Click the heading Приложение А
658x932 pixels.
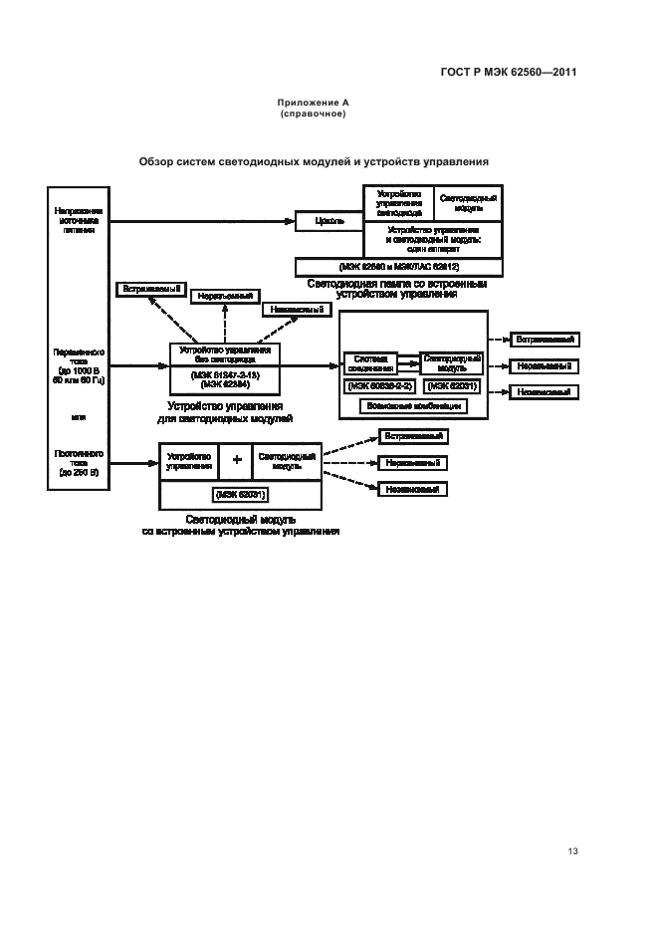point(313,104)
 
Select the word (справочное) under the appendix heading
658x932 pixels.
point(313,115)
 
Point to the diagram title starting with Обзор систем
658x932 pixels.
point(314,160)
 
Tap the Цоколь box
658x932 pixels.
point(329,221)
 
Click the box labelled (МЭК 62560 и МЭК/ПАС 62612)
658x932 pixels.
point(399,267)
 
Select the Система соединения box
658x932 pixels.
point(369,361)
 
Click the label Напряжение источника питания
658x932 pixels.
point(80,220)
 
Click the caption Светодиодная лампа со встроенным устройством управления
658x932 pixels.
point(396,289)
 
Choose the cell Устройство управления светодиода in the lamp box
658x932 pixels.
point(399,203)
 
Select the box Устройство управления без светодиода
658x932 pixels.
point(224,354)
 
